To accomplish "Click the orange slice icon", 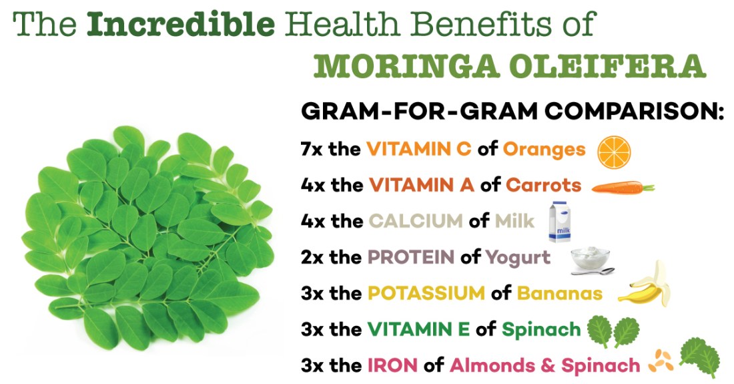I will coord(614,150).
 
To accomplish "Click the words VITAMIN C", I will coord(418,149).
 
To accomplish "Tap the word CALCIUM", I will coord(414,221).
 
